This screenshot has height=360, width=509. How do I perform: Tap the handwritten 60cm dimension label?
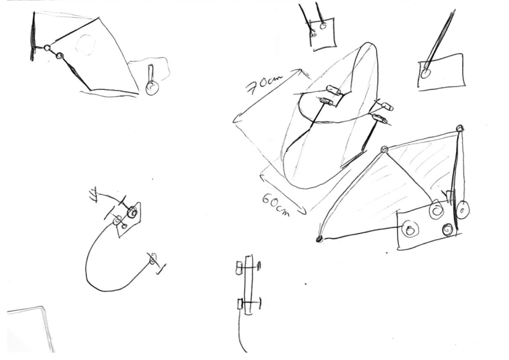[x=275, y=204]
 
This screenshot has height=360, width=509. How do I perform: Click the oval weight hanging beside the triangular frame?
[x=463, y=210]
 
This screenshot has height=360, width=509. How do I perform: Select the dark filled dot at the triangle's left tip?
[x=319, y=240]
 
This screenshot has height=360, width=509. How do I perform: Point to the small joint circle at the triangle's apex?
[x=385, y=149]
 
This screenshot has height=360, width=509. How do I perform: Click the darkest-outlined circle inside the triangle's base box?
[x=447, y=229]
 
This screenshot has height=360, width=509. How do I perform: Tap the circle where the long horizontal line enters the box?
[x=410, y=229]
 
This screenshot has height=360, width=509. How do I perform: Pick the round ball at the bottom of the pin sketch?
[x=152, y=88]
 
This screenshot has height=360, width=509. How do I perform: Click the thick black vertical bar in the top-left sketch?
[x=33, y=36]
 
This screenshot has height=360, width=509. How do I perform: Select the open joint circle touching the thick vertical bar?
[x=47, y=48]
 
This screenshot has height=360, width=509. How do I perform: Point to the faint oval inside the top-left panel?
[x=86, y=44]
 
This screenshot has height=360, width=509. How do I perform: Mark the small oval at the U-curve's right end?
[x=153, y=258]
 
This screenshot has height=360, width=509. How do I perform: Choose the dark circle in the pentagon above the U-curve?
[x=132, y=212]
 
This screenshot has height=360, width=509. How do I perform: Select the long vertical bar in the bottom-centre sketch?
[x=248, y=285]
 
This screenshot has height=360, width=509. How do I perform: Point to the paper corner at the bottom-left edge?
[x=42, y=307]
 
